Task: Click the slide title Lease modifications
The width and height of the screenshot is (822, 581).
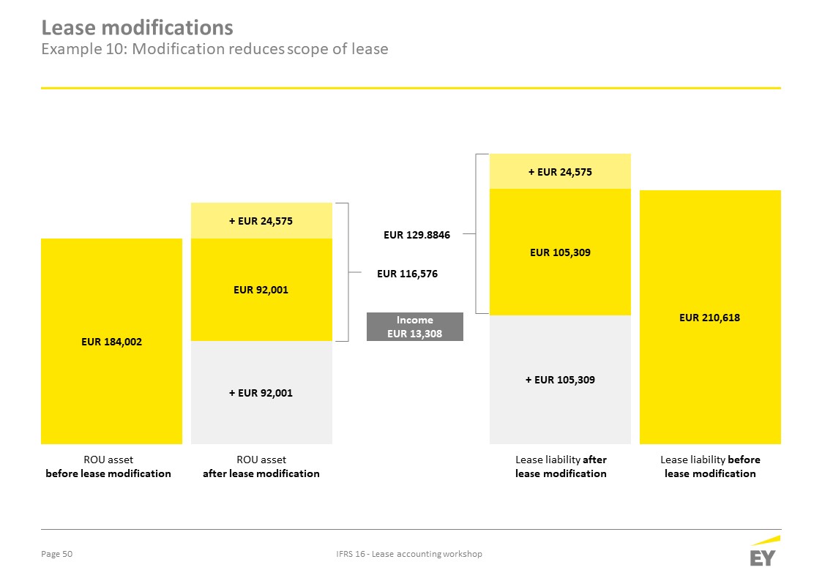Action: click(138, 27)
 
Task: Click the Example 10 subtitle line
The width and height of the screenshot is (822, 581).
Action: click(215, 49)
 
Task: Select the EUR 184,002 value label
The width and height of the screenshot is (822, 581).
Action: click(112, 342)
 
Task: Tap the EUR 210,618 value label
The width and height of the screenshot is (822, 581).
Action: click(710, 318)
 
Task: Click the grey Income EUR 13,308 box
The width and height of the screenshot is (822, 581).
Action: click(415, 326)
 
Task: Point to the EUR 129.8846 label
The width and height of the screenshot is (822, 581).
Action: click(416, 235)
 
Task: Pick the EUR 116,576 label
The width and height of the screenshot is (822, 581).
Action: click(407, 274)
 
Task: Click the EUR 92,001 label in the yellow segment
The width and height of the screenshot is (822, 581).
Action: click(261, 290)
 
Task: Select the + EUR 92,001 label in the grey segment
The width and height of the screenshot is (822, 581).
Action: click(261, 393)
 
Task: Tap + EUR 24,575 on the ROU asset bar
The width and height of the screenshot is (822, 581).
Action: click(261, 221)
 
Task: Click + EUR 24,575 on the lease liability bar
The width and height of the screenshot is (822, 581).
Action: click(561, 172)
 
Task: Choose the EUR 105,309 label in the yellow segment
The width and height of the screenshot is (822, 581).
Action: click(561, 252)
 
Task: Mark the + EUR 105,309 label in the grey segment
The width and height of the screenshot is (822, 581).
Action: click(561, 380)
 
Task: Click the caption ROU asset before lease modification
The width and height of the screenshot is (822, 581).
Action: click(108, 466)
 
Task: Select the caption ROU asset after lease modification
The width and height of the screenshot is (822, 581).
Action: click(261, 466)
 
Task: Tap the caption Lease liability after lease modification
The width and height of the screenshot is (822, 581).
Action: click(561, 466)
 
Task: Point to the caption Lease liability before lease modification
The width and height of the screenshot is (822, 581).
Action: click(710, 466)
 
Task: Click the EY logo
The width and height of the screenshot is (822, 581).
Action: click(764, 551)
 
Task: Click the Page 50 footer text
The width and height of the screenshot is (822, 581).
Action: click(56, 554)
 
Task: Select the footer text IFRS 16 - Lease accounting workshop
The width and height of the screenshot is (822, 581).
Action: click(409, 554)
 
